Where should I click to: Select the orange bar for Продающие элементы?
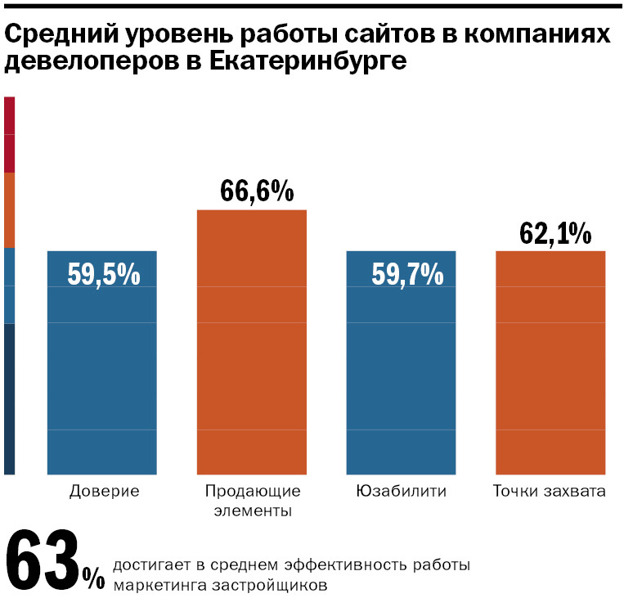(x=252, y=344)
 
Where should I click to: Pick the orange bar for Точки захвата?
(x=550, y=368)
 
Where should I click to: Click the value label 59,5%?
(x=103, y=274)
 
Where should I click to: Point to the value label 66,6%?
(x=256, y=191)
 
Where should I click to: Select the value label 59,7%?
(x=407, y=274)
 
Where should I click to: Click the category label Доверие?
(x=104, y=492)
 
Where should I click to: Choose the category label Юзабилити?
(x=402, y=492)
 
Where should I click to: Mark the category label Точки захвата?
(x=550, y=492)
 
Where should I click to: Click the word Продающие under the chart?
(x=253, y=492)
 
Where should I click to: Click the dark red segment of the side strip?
(x=9, y=134)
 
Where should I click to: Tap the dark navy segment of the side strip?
(x=9, y=398)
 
